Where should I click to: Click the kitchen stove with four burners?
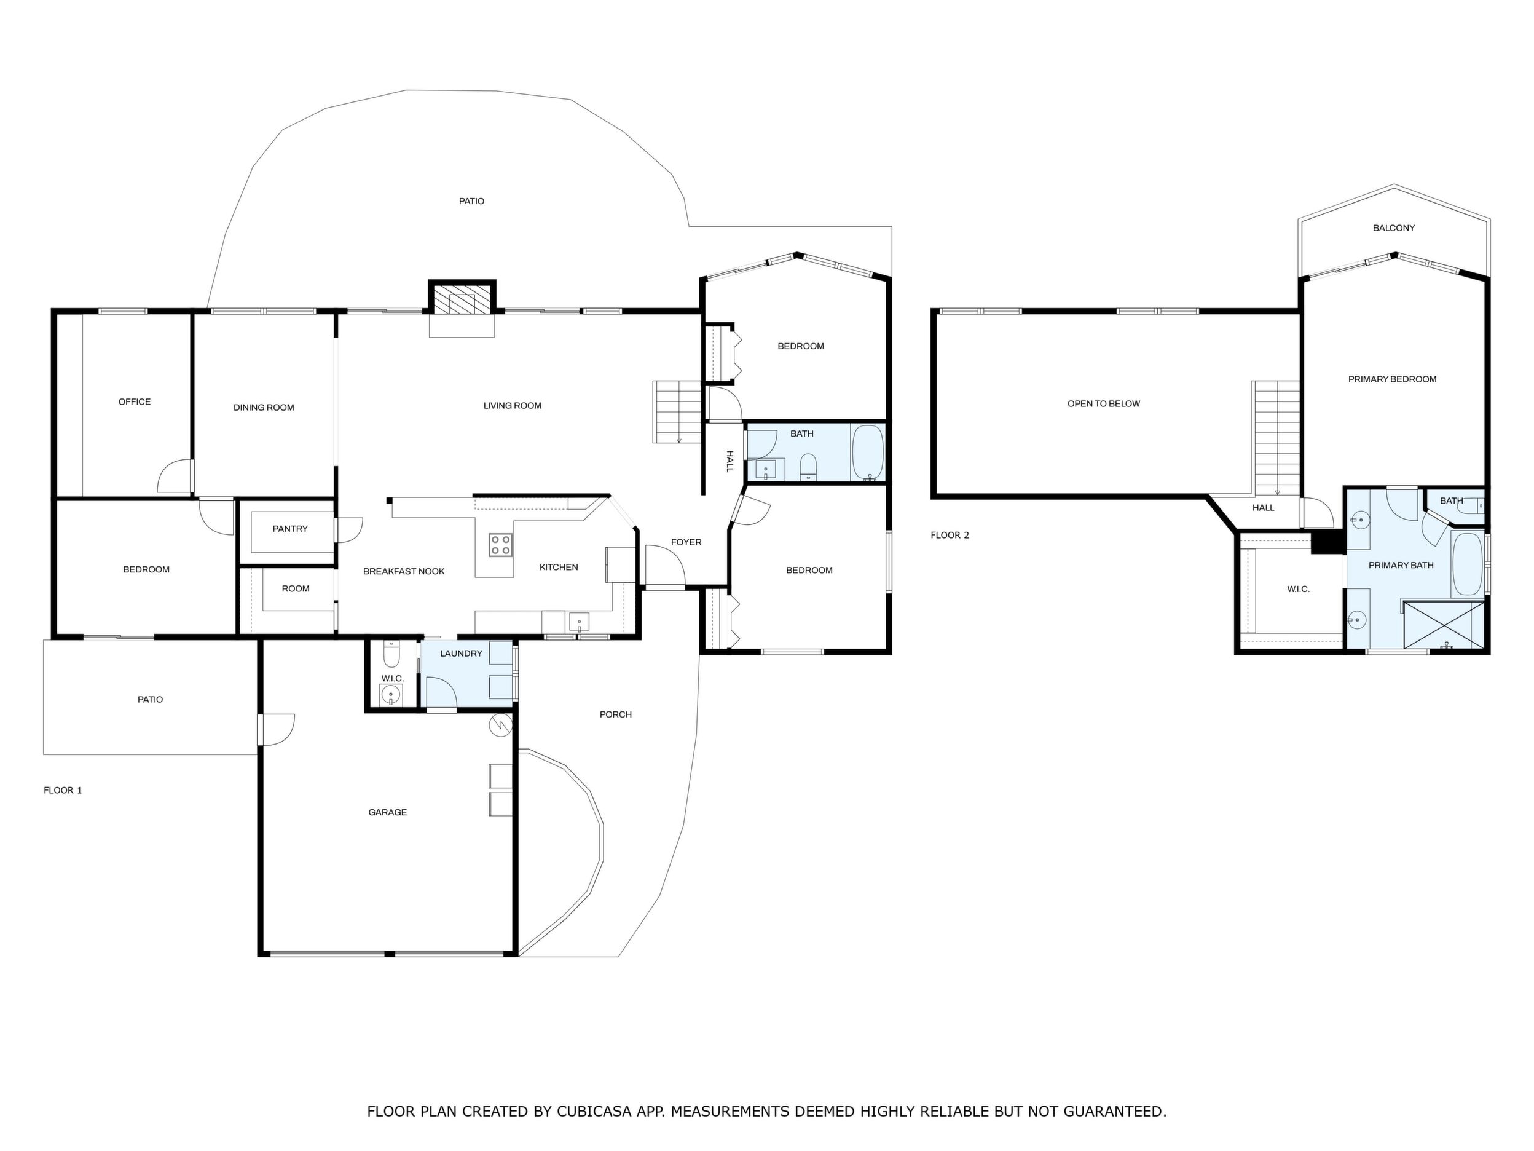click(x=500, y=545)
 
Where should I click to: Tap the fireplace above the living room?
click(x=462, y=298)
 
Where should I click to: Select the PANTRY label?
click(x=290, y=529)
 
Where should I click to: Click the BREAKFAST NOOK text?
click(x=404, y=572)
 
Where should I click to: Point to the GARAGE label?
click(x=388, y=812)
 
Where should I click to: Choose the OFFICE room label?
click(x=135, y=401)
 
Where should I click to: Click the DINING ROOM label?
click(x=264, y=408)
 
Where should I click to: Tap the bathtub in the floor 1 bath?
click(x=868, y=453)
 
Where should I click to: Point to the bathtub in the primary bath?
click(x=1468, y=564)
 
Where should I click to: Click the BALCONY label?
click(x=1394, y=228)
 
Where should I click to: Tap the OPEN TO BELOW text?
click(x=1103, y=404)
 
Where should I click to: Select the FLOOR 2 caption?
click(x=950, y=535)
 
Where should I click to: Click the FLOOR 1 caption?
click(x=63, y=790)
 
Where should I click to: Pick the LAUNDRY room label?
click(x=461, y=654)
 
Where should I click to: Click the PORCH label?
click(x=616, y=714)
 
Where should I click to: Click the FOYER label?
click(x=686, y=542)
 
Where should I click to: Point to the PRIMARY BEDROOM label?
click(x=1393, y=379)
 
